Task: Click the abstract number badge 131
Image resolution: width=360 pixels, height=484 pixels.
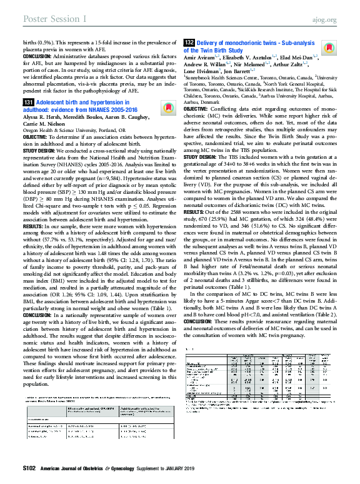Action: pyautogui.click(x=28, y=101)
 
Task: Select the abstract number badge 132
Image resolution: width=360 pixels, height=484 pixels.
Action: pyautogui.click(x=189, y=41)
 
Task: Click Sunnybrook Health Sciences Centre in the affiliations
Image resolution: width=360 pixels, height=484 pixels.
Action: pyautogui.click(x=216, y=88)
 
